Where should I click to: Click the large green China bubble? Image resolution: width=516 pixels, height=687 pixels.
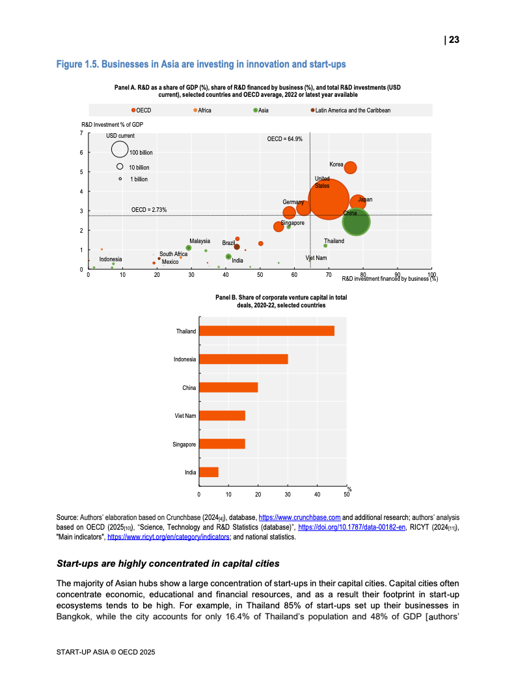(356, 222)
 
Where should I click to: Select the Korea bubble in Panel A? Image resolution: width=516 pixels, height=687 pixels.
(350, 168)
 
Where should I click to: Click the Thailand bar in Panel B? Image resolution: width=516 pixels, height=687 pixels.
(266, 331)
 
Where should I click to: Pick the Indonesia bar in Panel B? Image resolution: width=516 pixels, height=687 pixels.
(243, 359)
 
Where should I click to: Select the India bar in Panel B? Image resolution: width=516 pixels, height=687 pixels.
(208, 473)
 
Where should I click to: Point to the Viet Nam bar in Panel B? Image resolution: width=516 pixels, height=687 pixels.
(222, 416)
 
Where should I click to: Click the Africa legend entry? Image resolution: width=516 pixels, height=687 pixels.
(202, 110)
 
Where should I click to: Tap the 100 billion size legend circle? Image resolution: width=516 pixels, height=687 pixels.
(120, 149)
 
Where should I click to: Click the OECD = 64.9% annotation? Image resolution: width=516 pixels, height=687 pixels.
(285, 139)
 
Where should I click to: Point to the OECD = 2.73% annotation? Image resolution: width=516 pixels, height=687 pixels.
(149, 210)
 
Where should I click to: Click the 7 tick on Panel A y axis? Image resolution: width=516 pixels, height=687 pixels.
(81, 133)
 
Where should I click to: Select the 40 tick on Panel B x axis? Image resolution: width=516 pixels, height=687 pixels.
(317, 495)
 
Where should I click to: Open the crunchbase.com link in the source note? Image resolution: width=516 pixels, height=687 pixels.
(300, 517)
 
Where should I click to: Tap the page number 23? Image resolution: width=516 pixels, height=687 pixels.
(452, 40)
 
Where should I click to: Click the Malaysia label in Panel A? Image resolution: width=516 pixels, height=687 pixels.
(200, 241)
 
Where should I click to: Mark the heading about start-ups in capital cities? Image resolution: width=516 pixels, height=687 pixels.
(169, 563)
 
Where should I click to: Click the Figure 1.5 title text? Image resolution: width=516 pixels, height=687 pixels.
(201, 64)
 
